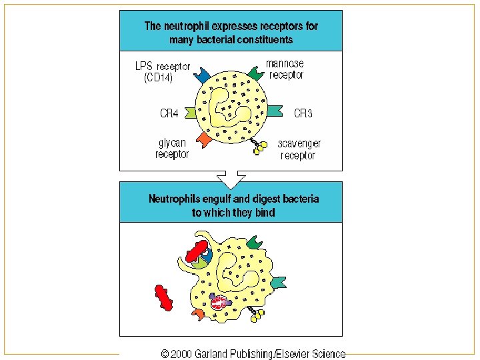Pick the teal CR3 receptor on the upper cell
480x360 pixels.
275,110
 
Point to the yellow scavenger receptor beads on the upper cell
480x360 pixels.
260,147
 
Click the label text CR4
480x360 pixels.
169,113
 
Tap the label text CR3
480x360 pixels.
303,113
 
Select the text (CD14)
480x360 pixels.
159,79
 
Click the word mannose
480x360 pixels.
285,64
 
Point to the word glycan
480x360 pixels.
172,143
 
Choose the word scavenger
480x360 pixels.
299,143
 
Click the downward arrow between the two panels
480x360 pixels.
231,179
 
